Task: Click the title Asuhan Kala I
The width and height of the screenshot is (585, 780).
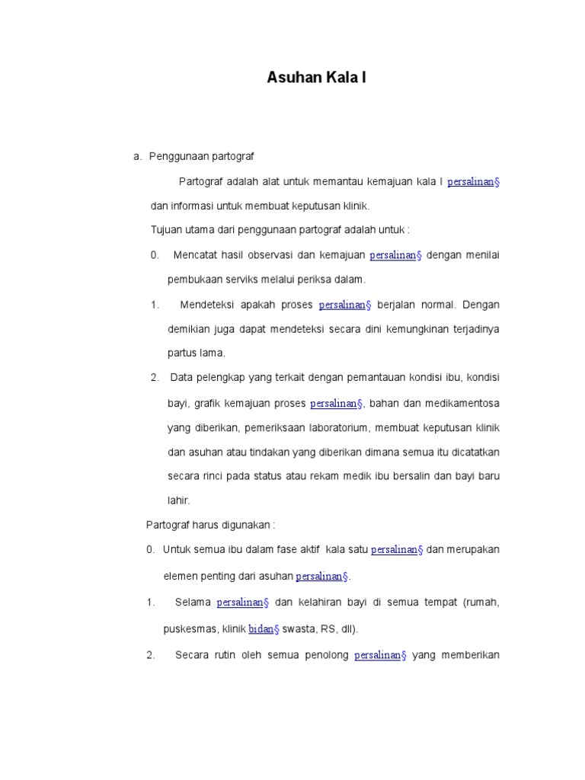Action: [x=316, y=77]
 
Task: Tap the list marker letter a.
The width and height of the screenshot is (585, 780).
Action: [x=136, y=156]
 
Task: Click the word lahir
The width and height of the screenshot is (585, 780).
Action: [x=178, y=500]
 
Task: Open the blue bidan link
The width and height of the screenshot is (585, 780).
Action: [x=264, y=629]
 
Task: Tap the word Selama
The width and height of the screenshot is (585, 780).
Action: [x=193, y=603]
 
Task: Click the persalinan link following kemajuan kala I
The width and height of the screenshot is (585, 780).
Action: [x=472, y=182]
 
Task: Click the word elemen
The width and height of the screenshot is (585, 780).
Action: [x=181, y=576]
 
